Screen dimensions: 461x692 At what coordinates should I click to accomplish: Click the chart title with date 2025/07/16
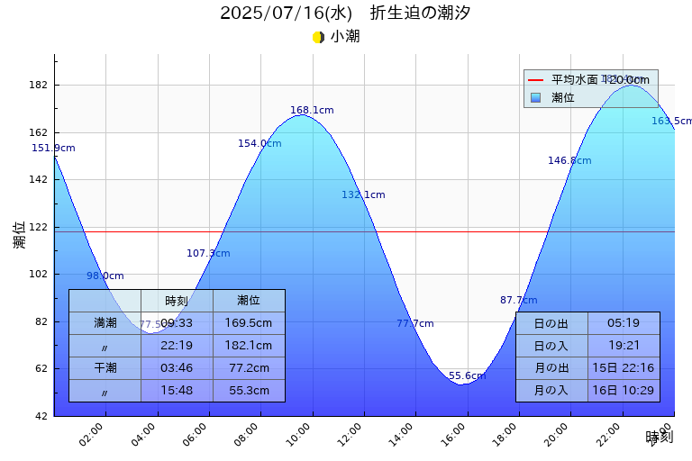[x=345, y=14]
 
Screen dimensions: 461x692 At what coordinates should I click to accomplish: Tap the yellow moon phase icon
[x=318, y=37]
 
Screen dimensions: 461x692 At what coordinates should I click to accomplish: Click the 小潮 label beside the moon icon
[x=345, y=37]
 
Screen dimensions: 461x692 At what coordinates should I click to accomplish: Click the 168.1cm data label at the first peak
[x=312, y=111]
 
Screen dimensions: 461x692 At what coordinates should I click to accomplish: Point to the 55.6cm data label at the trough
[x=467, y=376]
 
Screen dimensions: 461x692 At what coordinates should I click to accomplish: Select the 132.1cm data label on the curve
[x=363, y=195]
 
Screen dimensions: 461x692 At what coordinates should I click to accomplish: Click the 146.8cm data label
[x=569, y=161]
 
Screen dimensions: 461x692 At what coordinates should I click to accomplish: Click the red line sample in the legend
[x=535, y=80]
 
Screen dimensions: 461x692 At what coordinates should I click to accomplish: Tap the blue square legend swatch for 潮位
[x=535, y=97]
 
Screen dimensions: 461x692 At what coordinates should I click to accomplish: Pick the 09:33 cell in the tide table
[x=177, y=322]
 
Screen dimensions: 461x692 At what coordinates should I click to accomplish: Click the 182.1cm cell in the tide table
[x=249, y=345]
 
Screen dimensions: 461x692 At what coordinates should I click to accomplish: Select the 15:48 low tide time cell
[x=177, y=390]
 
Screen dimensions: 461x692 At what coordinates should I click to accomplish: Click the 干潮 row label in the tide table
[x=105, y=367]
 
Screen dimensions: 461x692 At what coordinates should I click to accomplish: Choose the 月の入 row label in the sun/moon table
[x=551, y=390]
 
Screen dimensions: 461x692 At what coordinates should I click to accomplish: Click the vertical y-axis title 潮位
[x=20, y=235]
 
